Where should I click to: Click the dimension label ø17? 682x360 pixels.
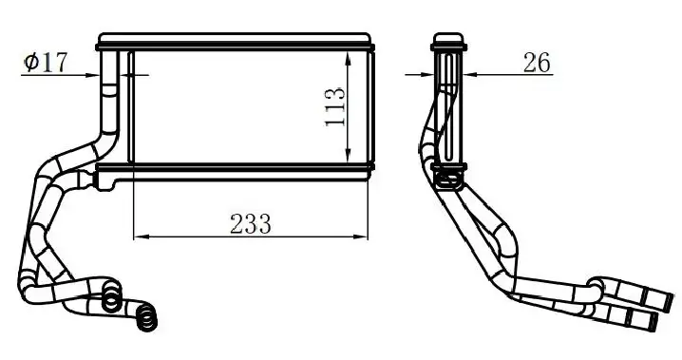[46, 62]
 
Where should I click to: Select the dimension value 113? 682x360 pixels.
[335, 107]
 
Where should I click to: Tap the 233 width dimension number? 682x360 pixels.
[251, 224]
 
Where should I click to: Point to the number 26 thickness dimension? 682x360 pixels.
[537, 63]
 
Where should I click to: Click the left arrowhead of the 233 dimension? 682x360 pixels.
[140, 237]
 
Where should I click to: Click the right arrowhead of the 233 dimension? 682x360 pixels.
[361, 237]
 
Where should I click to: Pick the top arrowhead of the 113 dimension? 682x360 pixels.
[348, 58]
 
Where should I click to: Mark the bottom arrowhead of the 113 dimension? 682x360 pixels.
[348, 156]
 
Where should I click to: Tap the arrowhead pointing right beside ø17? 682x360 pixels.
[93, 75]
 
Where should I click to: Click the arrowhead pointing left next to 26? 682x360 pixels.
[471, 74]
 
